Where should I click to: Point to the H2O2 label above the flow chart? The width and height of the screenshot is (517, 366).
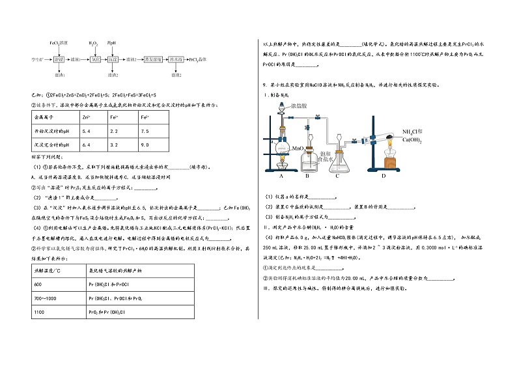click(x=94, y=42)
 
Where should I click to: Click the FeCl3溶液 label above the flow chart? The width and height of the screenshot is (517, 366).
click(x=58, y=42)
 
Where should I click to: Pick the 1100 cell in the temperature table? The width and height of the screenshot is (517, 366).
click(x=38, y=313)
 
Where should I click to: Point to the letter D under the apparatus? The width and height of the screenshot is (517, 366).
click(x=384, y=176)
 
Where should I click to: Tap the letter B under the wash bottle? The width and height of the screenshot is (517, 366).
click(x=308, y=176)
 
